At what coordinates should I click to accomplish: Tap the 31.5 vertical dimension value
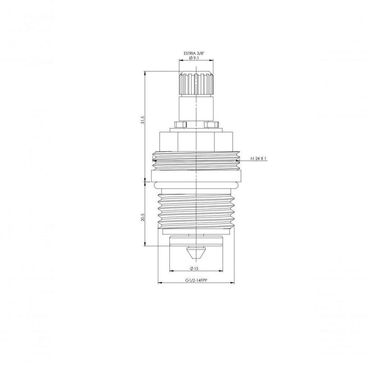(143, 121)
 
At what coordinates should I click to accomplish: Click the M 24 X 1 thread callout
(259, 158)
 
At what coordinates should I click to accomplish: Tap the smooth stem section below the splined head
(196, 108)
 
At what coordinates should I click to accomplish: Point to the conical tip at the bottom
(196, 252)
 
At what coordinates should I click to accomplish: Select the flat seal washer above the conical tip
(196, 240)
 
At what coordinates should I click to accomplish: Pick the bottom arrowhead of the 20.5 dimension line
(145, 245)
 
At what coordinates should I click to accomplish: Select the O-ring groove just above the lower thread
(196, 185)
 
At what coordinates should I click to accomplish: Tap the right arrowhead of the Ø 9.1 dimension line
(213, 63)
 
